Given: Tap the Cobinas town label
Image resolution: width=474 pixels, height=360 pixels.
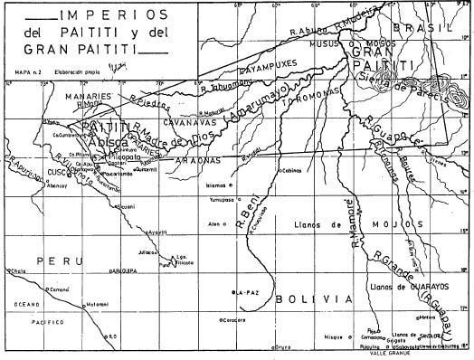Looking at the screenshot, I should click(291, 170).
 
